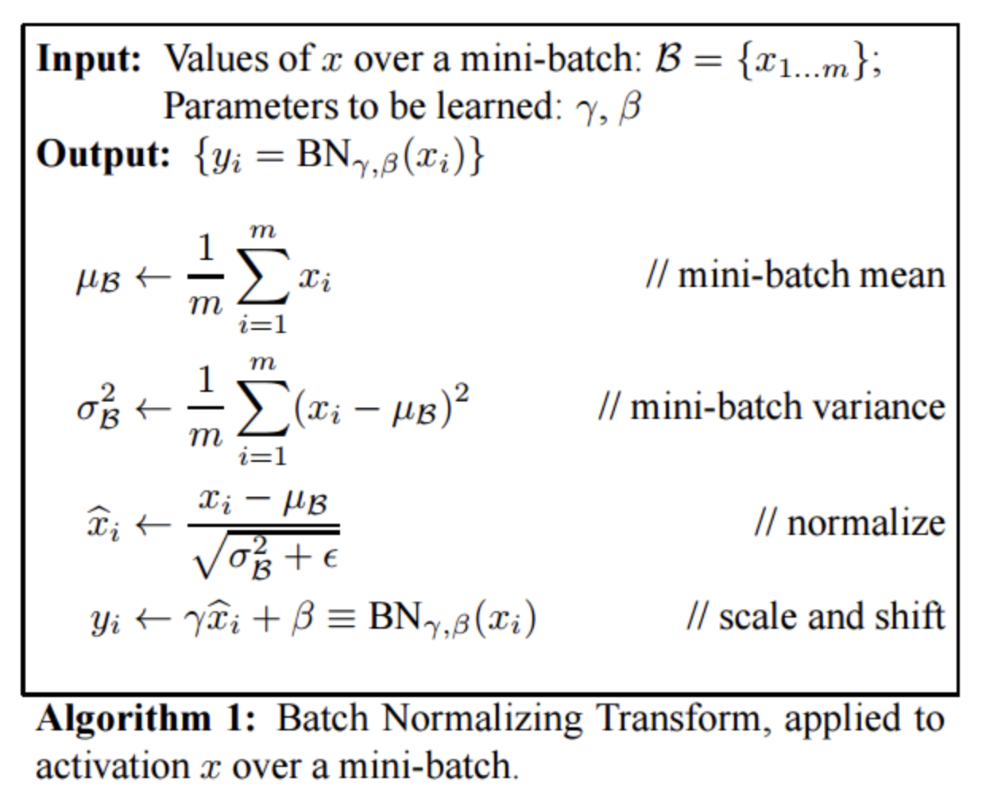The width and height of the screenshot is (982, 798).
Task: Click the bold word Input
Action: tap(88, 60)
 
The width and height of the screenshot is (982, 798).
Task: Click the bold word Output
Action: tap(102, 154)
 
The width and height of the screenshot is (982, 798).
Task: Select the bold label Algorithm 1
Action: tap(145, 719)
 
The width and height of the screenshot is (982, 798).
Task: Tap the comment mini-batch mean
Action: tap(795, 276)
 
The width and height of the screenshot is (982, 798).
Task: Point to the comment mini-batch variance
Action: tap(771, 407)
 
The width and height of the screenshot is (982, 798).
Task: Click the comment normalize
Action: tap(849, 523)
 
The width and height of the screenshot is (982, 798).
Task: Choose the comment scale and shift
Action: tap(816, 617)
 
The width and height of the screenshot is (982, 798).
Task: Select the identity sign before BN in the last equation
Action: tap(341, 619)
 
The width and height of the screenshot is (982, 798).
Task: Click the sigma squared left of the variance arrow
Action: tap(98, 407)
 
